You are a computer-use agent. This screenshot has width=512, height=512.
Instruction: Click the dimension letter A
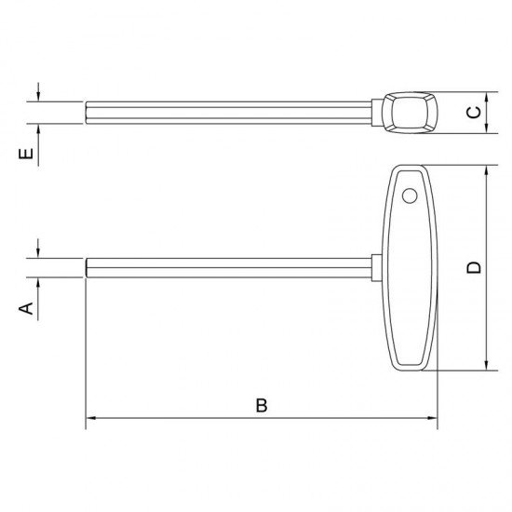pos(26,308)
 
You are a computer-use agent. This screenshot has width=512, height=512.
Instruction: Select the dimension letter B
pos(262,405)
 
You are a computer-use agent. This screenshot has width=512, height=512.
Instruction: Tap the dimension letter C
pos(474,113)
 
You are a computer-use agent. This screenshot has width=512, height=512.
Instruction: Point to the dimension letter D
pos(474,267)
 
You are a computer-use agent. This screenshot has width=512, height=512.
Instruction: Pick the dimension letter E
pos(26,154)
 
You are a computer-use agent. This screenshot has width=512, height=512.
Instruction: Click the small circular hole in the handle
pos(410,195)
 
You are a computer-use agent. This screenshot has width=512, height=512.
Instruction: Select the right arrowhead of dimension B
pos(432,418)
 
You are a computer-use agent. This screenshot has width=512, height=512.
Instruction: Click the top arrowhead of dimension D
pos(487,170)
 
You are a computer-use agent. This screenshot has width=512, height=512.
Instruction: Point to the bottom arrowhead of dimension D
pos(487,366)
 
